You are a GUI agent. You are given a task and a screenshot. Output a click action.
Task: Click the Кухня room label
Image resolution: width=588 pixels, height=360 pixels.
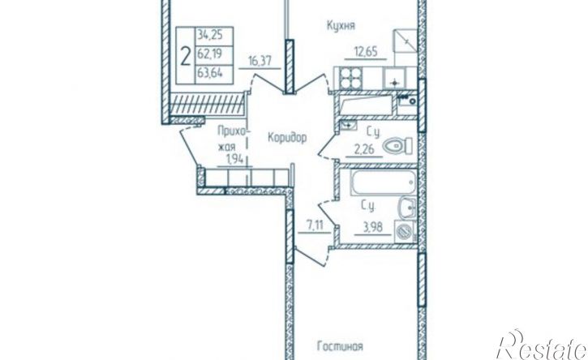click(341, 26)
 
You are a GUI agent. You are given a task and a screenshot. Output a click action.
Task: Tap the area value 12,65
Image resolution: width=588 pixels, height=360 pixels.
click(366, 50)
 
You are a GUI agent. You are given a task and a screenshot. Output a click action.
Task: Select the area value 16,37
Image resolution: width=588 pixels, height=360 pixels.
click(260, 60)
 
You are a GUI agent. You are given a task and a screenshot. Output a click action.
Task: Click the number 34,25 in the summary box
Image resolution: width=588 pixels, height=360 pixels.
click(209, 35)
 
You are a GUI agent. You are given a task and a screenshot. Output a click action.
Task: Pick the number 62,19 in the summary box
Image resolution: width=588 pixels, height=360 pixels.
click(209, 54)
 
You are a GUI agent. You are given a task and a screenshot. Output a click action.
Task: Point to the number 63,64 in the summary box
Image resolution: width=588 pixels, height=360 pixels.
click(209, 73)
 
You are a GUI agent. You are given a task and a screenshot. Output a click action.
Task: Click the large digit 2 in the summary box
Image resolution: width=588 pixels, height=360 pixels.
click(185, 56)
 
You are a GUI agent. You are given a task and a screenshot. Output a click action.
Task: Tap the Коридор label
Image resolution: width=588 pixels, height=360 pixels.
click(287, 138)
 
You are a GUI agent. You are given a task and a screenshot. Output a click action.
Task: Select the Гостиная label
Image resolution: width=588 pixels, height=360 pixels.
click(340, 345)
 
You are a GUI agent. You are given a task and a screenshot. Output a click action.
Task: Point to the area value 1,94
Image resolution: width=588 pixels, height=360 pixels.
click(234, 160)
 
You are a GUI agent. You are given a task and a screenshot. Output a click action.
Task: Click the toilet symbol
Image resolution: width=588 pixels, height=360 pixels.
click(397, 146)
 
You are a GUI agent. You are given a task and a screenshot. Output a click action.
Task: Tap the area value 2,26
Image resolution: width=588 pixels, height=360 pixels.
click(364, 150)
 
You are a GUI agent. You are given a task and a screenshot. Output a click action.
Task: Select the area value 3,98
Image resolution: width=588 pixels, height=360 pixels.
click(373, 227)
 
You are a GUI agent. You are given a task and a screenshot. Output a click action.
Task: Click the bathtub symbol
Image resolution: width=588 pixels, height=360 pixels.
click(384, 183)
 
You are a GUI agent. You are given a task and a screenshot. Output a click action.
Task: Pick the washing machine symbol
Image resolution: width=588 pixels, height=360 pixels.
click(405, 231)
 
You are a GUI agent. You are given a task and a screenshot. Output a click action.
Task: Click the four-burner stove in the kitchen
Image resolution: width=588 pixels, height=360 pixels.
click(350, 79)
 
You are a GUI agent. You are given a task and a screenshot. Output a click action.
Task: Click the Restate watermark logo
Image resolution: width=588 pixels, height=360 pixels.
click(543, 345)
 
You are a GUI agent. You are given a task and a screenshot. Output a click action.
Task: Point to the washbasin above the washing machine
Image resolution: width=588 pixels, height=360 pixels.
click(407, 208)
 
